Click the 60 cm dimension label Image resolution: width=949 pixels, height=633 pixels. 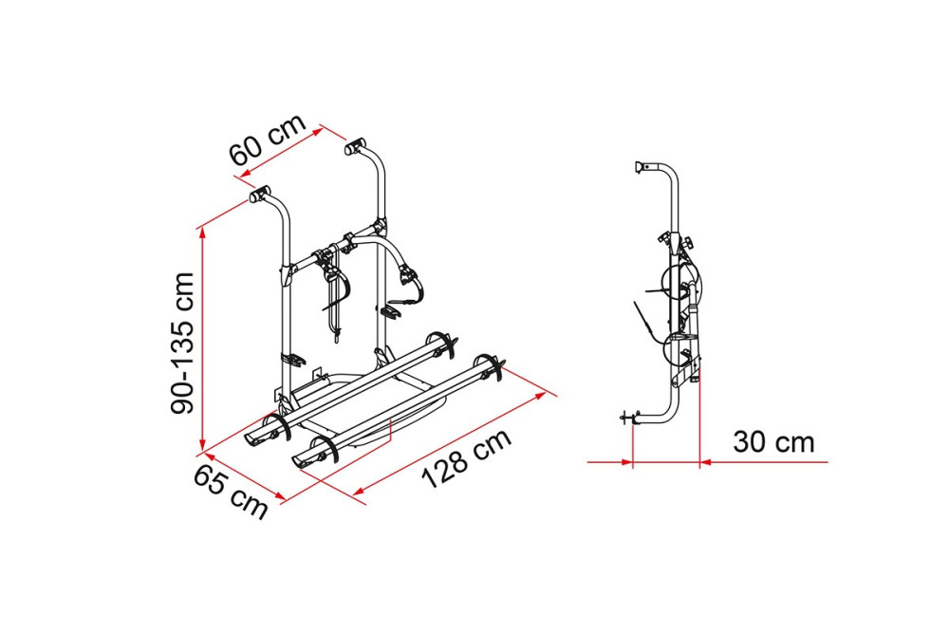pos(268,141)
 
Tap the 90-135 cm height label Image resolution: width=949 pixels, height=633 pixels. pos(182,344)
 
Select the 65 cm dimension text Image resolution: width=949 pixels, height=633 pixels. pos(231,493)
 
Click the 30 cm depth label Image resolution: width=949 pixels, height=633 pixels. pos(773,442)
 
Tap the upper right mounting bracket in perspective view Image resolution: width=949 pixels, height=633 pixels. pos(356,146)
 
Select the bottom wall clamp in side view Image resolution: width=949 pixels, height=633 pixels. pos(629,417)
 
